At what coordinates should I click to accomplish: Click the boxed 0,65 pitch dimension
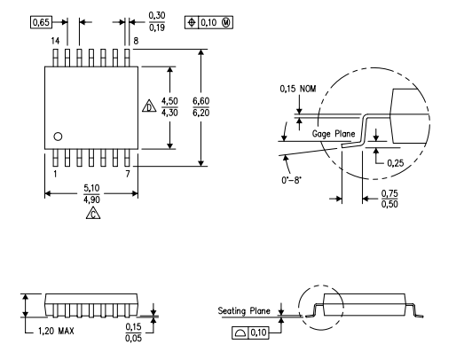(41, 21)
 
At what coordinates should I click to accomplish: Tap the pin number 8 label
(134, 41)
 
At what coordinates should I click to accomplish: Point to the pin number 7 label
(130, 174)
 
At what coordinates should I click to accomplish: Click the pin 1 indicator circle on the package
(58, 137)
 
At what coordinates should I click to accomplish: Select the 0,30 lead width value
(157, 15)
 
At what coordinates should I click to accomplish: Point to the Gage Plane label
(333, 133)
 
